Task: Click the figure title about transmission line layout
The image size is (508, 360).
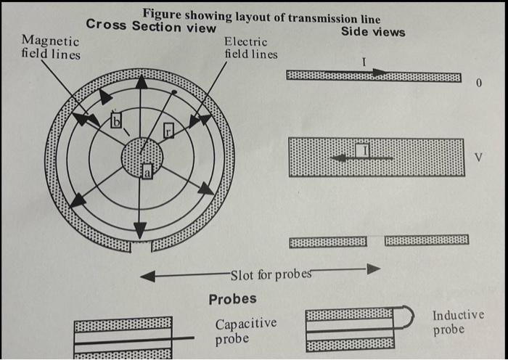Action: pos(261,15)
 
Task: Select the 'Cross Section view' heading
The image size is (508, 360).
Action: pos(151,27)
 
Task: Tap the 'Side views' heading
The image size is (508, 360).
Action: pos(373,32)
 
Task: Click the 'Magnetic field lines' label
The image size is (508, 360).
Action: pos(51,47)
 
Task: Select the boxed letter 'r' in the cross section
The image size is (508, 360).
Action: pos(168,131)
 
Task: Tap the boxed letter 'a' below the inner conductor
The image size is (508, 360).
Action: pos(147,171)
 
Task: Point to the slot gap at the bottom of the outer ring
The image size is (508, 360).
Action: pos(141,248)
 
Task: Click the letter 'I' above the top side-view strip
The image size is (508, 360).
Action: pos(363,63)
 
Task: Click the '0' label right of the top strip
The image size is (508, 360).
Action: pos(479,83)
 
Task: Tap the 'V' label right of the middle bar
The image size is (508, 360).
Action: pos(478,157)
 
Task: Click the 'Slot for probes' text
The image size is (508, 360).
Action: pos(271,274)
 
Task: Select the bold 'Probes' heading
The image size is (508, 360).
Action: pos(232,299)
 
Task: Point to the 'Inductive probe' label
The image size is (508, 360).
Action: pos(458,322)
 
